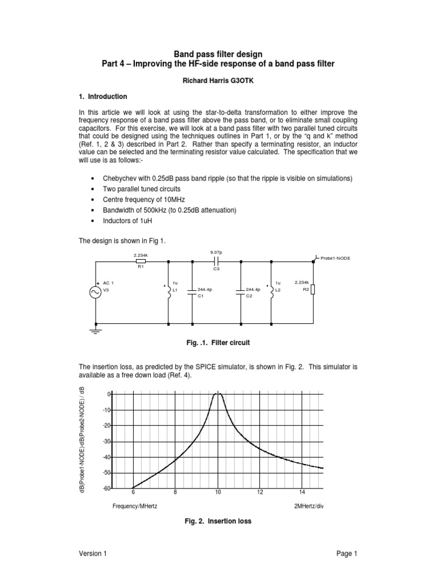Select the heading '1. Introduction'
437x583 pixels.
click(103, 97)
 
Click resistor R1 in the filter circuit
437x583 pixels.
click(140, 262)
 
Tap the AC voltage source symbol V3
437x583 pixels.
click(95, 292)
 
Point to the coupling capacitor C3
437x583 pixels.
click(216, 262)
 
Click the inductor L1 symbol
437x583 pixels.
click(168, 292)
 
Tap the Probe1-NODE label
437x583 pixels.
click(336, 258)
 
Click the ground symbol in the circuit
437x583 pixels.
click(95, 329)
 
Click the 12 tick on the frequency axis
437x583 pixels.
click(259, 492)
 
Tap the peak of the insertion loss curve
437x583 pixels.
click(217, 394)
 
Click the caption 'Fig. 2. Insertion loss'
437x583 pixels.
click(215, 521)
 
